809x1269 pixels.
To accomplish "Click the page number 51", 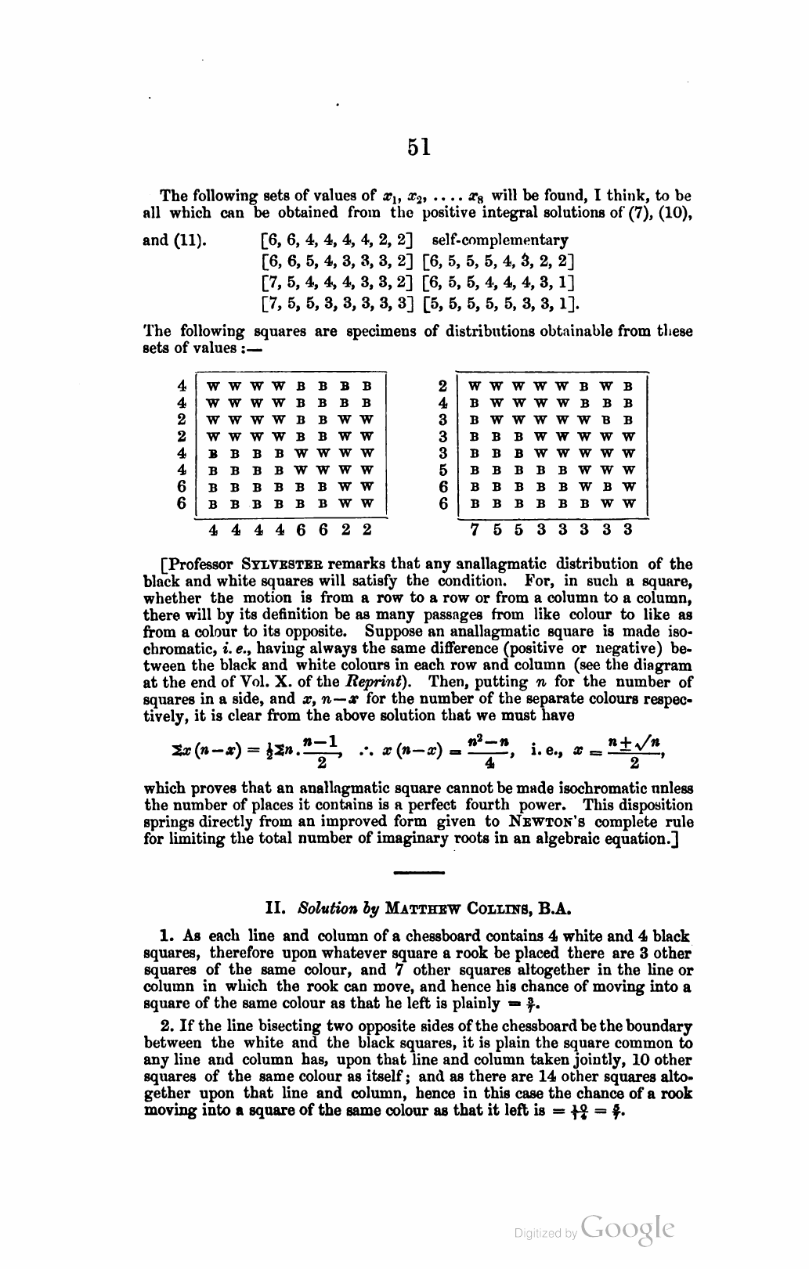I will tap(419, 148).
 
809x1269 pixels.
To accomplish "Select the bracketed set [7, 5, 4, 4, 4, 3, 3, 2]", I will tap(338, 282).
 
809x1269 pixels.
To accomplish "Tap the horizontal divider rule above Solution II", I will tap(419, 871).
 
